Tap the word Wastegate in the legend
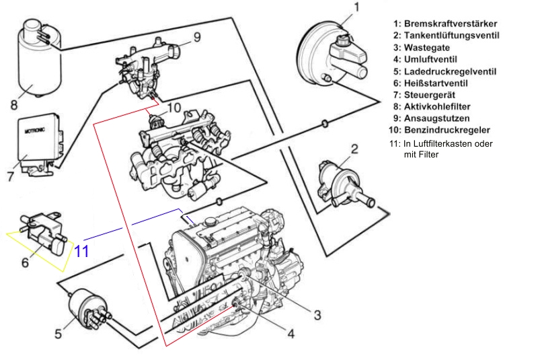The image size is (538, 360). point(430,48)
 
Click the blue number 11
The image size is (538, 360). point(81,252)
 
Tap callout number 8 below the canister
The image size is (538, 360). point(13,104)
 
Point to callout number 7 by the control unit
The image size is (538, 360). point(11,177)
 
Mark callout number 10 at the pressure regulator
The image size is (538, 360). point(174,106)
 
